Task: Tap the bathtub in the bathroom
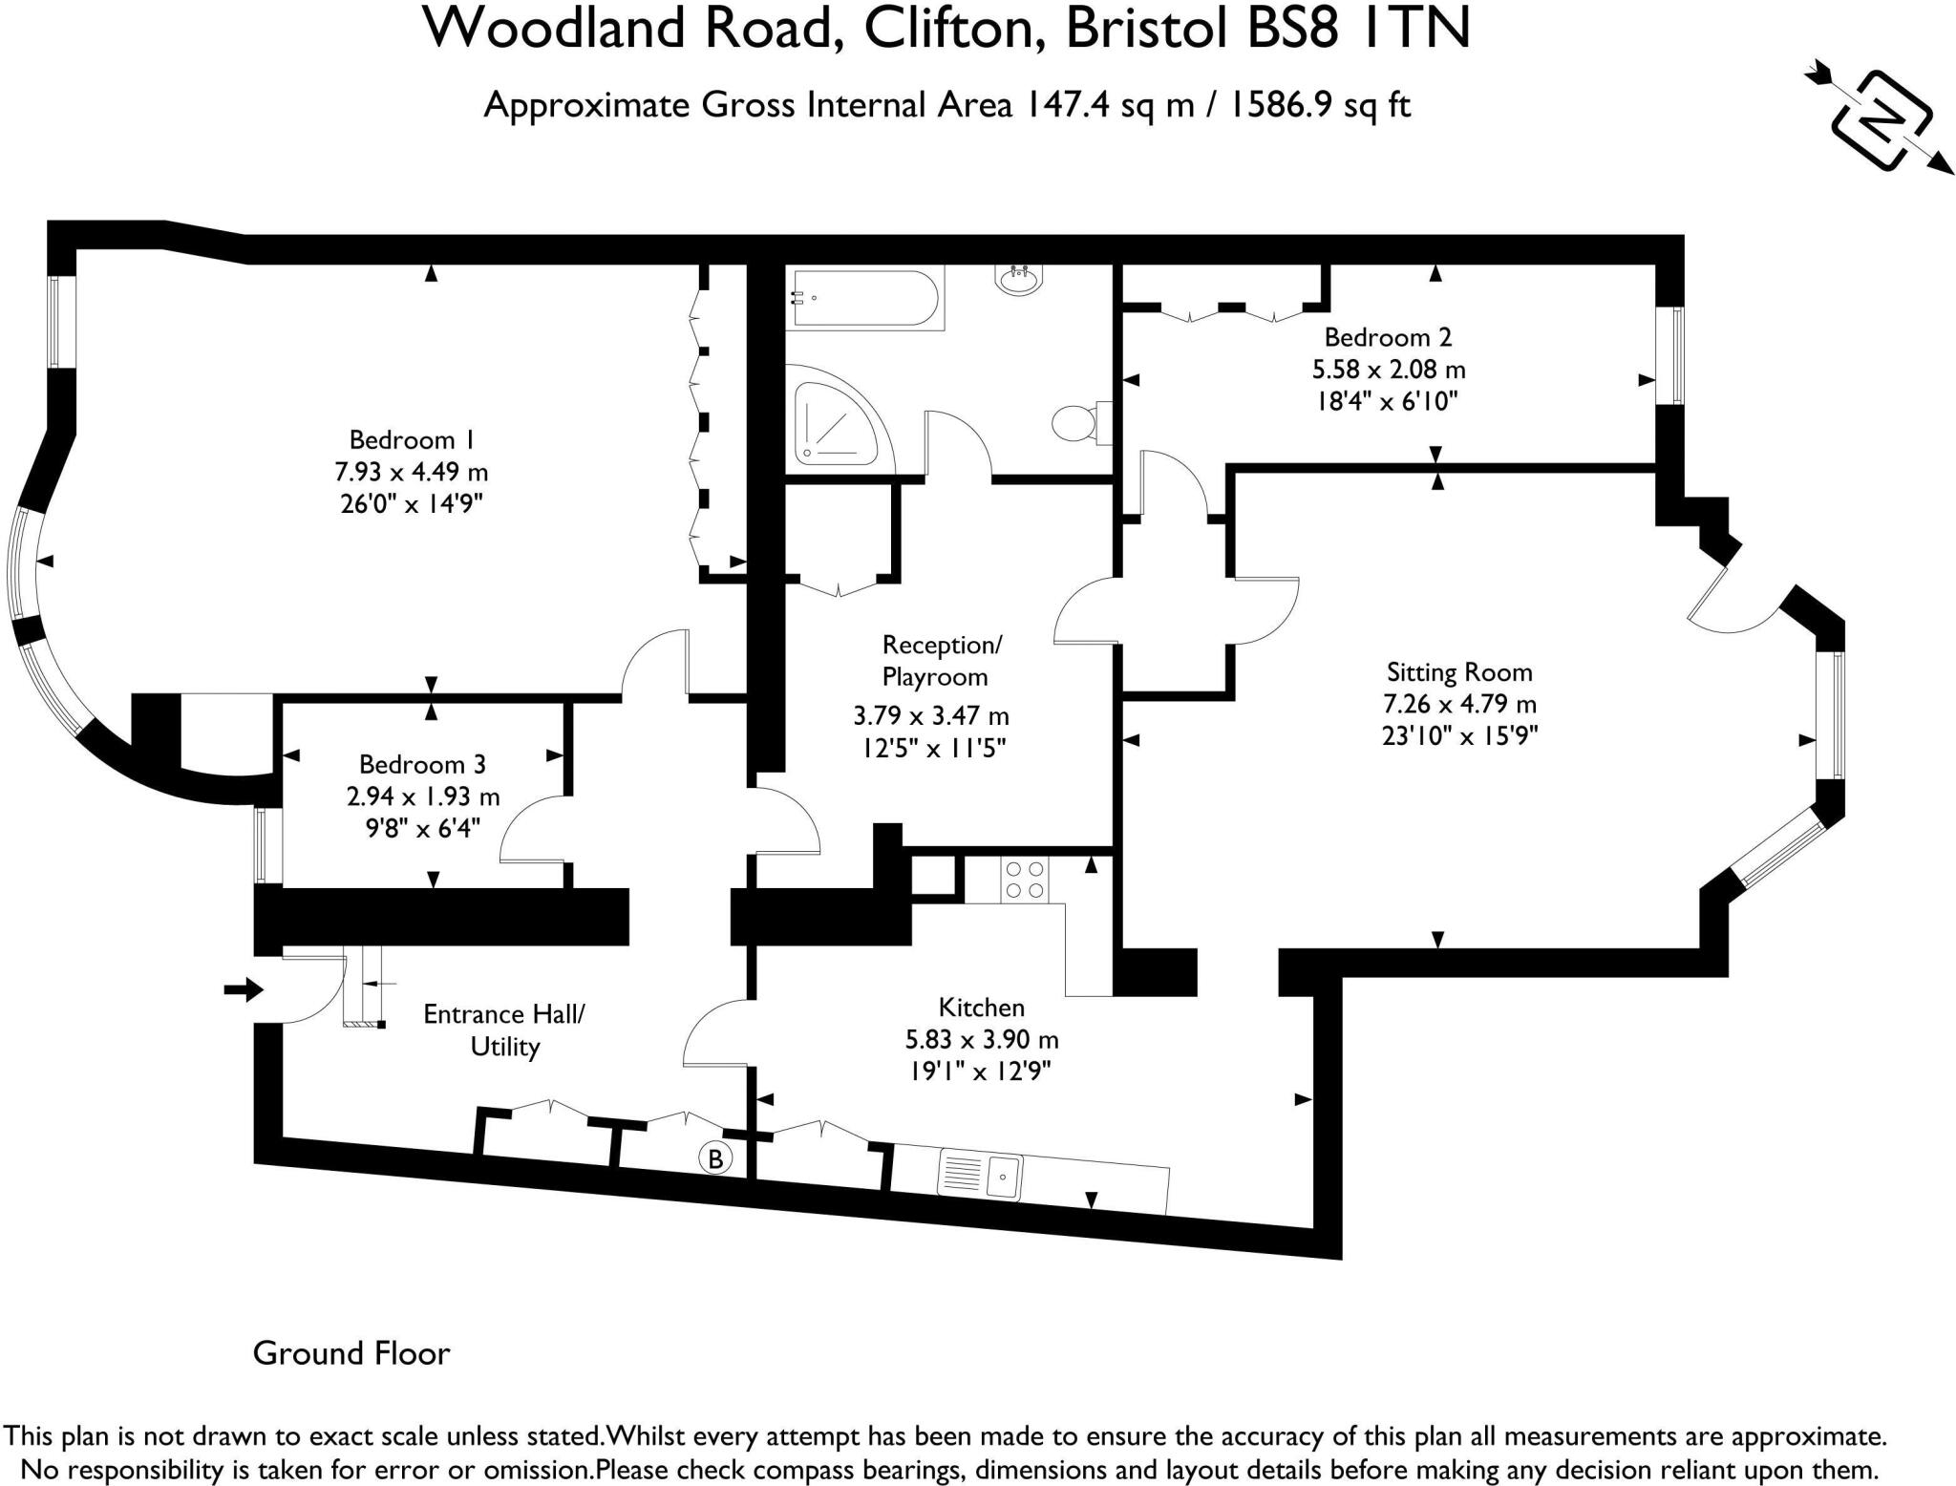(863, 298)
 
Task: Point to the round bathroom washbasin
(1019, 280)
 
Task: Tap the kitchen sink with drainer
(981, 1174)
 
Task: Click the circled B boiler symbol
(715, 1159)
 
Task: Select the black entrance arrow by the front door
(243, 989)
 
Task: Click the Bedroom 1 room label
(412, 440)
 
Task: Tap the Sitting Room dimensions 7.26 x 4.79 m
(1459, 705)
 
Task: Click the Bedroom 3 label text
(422, 764)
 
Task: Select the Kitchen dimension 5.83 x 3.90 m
(981, 1039)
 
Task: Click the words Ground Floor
(351, 1353)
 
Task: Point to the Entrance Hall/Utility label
(503, 1030)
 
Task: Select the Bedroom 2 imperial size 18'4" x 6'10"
(1388, 400)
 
